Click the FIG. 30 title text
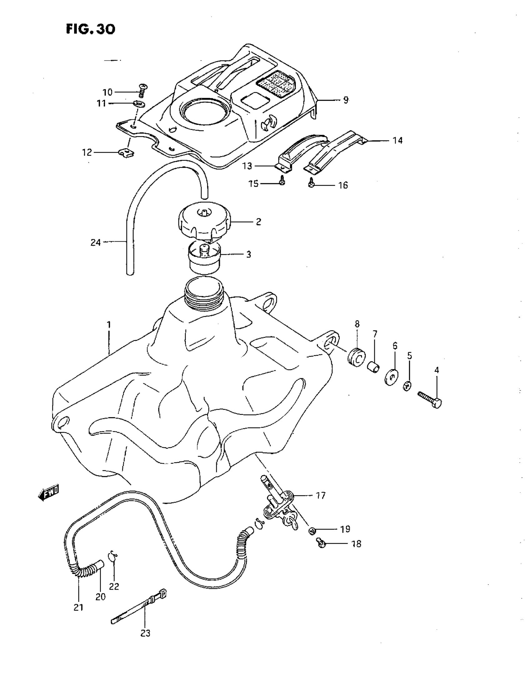coord(91,29)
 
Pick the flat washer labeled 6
coord(391,377)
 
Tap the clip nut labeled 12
coord(127,153)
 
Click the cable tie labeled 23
coord(139,608)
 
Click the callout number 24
coord(95,242)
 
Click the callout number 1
coord(109,325)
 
